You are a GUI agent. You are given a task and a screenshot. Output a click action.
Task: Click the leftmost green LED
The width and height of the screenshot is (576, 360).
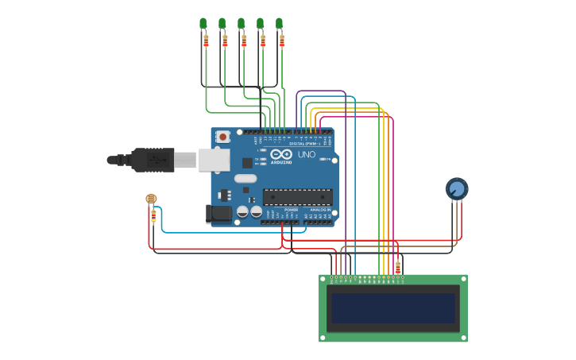point(203,23)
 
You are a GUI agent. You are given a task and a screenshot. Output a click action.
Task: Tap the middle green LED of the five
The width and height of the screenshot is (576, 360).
point(241,23)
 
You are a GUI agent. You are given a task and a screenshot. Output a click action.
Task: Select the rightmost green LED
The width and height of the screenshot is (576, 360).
point(279,23)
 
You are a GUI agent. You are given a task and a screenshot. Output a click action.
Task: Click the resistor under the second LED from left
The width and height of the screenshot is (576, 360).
point(225,40)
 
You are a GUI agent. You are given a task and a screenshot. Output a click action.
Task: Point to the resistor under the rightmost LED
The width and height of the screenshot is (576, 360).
point(281,40)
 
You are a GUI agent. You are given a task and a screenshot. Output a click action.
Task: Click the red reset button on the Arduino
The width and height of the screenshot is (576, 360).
point(223,137)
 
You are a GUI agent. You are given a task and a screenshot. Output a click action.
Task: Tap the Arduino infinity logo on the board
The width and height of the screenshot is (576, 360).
point(281,154)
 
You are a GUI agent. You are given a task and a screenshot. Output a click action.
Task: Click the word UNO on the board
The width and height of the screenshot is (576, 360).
point(307,154)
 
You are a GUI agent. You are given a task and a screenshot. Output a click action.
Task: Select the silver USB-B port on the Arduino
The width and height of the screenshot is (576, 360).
point(214,160)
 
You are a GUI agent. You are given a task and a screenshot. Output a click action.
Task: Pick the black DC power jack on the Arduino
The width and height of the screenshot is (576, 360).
point(218,214)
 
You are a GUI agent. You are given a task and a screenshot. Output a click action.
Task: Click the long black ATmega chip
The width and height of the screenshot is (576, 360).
point(298,196)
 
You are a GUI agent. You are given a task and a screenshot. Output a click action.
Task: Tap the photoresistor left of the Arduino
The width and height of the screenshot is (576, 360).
point(152,199)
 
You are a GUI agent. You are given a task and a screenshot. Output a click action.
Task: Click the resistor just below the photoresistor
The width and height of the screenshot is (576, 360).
point(153,215)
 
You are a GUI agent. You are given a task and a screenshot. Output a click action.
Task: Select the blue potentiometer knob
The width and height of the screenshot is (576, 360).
point(457,188)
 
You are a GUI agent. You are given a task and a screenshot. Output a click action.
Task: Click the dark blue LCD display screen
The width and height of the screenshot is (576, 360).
point(393,308)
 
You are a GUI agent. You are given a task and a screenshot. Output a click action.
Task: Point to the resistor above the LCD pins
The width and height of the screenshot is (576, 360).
point(398,267)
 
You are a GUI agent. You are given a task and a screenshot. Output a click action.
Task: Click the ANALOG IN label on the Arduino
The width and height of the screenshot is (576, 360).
point(320,210)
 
